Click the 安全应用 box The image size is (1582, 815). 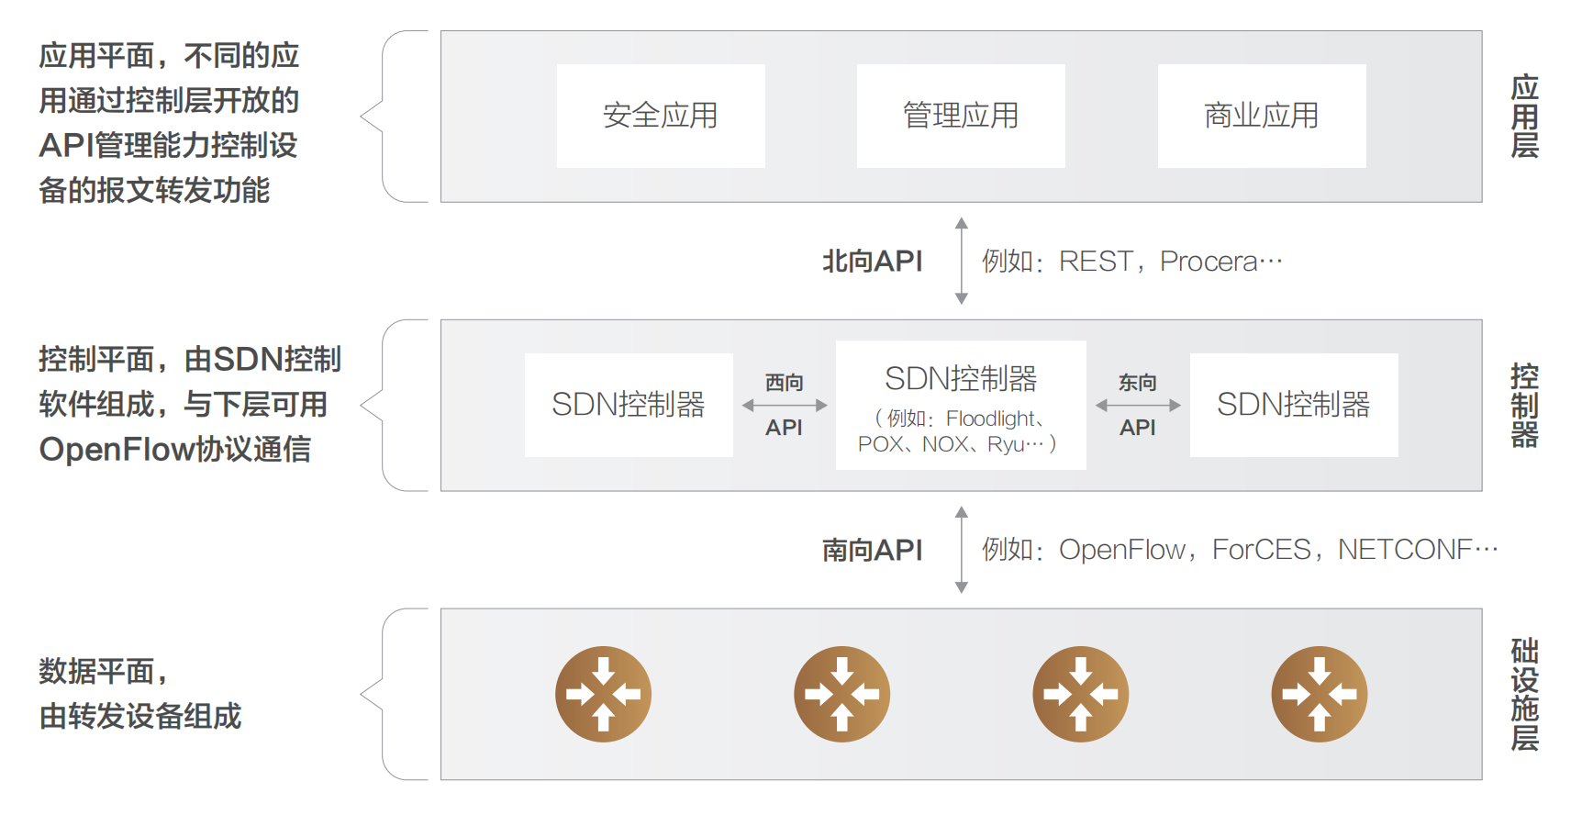(x=660, y=116)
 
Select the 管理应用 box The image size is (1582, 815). (x=960, y=116)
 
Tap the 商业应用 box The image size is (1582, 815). (x=1261, y=116)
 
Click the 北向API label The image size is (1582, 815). (x=872, y=262)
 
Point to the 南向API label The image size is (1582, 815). (x=872, y=550)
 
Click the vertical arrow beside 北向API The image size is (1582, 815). (x=961, y=261)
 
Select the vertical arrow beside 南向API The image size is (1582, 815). (x=961, y=549)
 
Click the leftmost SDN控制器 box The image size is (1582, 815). (x=628, y=405)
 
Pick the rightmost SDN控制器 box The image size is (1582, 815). (x=1293, y=405)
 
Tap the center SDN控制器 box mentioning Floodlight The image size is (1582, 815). (x=960, y=405)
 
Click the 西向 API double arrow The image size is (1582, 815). (x=784, y=405)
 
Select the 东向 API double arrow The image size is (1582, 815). (x=1137, y=405)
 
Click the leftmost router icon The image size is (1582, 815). (x=603, y=694)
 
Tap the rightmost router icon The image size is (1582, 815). (x=1319, y=694)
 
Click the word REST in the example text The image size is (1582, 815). (x=1095, y=262)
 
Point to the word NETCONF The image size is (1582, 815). (x=1405, y=550)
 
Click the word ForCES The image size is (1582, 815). (x=1261, y=550)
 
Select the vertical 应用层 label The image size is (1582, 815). (x=1524, y=117)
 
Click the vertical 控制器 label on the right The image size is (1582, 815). (x=1524, y=405)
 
